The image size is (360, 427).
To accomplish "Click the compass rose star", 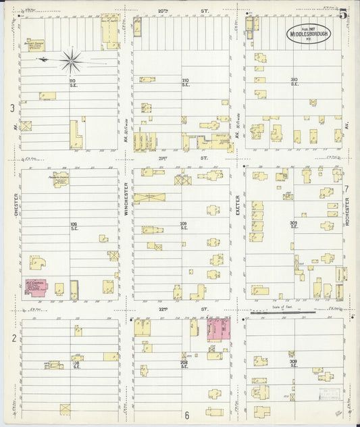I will click(x=70, y=61).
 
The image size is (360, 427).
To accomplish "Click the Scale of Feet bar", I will click(x=282, y=313).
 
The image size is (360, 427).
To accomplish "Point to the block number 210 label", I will click(x=185, y=82).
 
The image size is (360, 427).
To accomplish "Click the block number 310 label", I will click(x=294, y=82).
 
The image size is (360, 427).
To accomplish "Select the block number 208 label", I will click(x=184, y=364).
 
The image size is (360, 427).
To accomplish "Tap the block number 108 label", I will click(x=75, y=364).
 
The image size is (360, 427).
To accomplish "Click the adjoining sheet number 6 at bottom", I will click(x=186, y=413).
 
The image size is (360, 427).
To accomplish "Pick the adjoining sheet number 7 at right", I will click(x=346, y=189).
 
